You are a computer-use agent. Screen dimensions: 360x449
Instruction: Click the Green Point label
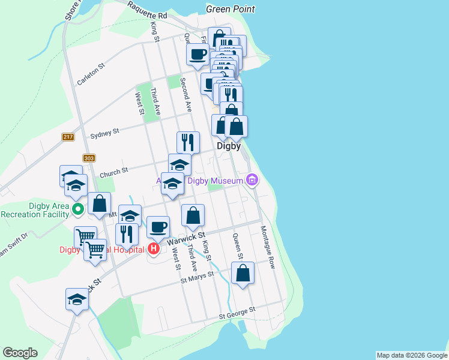230,9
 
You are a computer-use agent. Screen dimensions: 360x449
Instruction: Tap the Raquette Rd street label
147,10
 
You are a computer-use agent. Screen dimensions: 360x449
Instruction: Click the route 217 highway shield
67,137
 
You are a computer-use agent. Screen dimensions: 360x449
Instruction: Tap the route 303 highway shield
89,158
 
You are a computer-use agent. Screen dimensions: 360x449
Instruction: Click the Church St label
114,172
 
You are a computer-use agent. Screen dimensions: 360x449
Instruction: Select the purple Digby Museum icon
252,180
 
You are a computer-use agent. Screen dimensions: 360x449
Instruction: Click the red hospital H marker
153,248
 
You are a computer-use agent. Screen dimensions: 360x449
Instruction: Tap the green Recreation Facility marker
77,210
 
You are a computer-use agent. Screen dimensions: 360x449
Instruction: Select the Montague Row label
267,247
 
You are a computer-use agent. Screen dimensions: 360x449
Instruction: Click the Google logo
20,353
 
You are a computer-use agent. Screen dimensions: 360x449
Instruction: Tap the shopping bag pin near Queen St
243,274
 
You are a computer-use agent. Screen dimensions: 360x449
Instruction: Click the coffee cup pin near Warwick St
158,227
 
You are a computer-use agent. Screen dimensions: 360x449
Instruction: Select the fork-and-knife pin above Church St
188,142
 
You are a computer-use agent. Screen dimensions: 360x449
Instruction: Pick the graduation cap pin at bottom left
77,299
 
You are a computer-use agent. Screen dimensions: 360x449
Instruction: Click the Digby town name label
228,146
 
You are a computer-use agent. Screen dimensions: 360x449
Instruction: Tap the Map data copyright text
412,355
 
